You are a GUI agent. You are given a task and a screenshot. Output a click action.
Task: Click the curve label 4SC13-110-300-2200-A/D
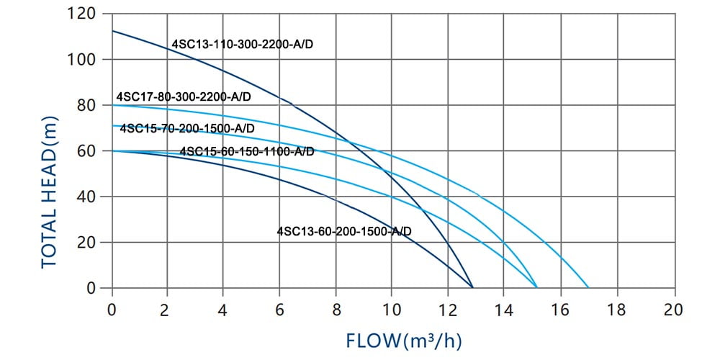point(243,45)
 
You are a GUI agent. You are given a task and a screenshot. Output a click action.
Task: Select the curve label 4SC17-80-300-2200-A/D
point(184,97)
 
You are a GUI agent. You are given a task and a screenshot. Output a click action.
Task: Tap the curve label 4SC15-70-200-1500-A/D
point(187,128)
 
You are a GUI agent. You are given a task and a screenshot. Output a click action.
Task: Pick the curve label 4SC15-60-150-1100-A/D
point(246,151)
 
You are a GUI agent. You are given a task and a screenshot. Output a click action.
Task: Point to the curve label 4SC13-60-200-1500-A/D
point(344,231)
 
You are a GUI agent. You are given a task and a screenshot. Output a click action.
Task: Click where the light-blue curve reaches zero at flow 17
point(589,288)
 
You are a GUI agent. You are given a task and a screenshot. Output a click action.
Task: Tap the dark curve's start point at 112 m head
point(112,31)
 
